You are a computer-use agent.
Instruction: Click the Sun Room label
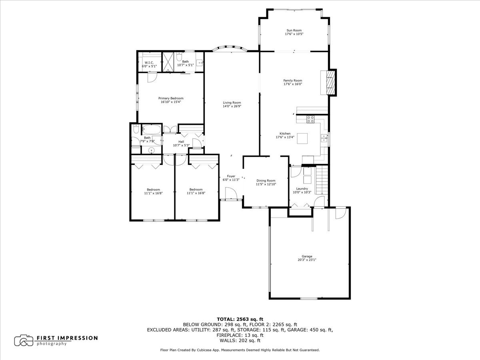pyautogui.click(x=294, y=30)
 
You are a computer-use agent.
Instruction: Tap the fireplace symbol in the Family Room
pyautogui.click(x=330, y=82)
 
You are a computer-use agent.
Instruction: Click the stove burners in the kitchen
pyautogui.click(x=311, y=119)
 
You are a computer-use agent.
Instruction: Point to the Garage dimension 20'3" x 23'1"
pyautogui.click(x=307, y=260)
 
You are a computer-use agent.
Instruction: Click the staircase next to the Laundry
pyautogui.click(x=322, y=180)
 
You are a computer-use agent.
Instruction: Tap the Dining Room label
pyautogui.click(x=266, y=180)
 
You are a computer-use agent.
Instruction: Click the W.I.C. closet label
pyautogui.click(x=149, y=62)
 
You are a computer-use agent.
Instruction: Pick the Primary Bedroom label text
pyautogui.click(x=171, y=98)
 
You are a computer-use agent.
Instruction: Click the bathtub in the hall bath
pyautogui.click(x=152, y=130)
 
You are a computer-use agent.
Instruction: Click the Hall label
pyautogui.click(x=181, y=142)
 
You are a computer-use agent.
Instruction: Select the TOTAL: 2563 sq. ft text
pyautogui.click(x=240, y=319)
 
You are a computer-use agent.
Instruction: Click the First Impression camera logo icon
pyautogui.click(x=24, y=340)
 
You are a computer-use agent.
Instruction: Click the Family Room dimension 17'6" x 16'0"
pyautogui.click(x=293, y=84)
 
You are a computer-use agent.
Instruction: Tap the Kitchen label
pyautogui.click(x=285, y=134)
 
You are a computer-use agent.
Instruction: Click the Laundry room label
pyautogui.click(x=302, y=189)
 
